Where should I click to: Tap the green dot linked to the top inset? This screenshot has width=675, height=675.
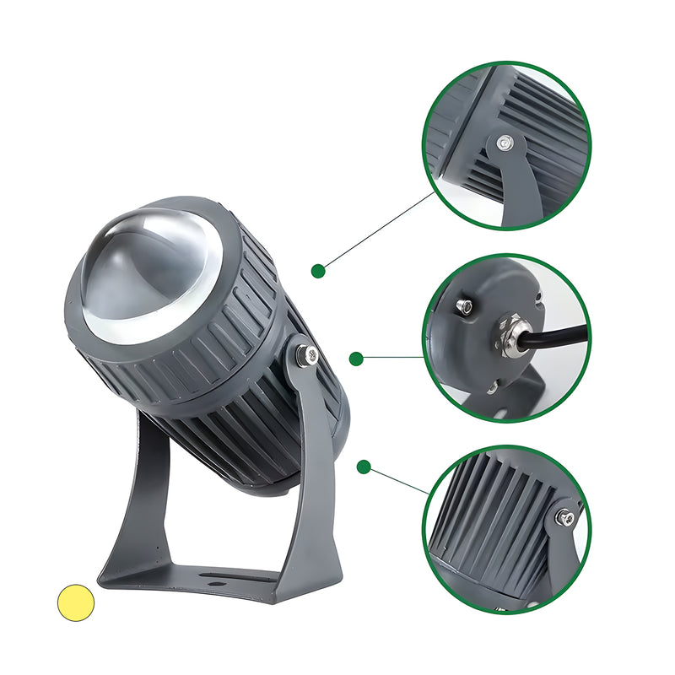[x=318, y=271]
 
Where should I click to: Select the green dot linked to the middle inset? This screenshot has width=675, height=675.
[x=356, y=359]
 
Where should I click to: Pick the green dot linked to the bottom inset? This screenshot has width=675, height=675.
[x=364, y=466]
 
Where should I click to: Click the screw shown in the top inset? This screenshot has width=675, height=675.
[x=504, y=143]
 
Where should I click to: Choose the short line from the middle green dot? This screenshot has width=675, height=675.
[x=392, y=357]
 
